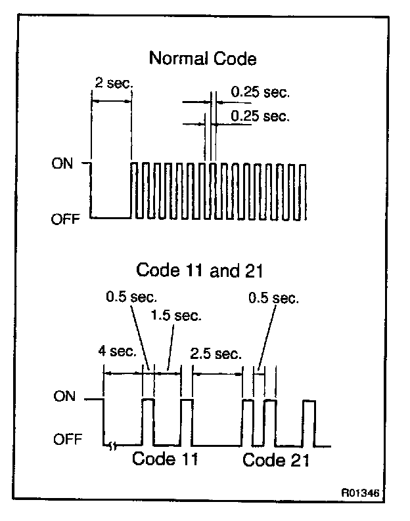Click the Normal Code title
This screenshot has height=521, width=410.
coord(202,58)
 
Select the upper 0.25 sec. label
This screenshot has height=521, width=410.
coord(260,93)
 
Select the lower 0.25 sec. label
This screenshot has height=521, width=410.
coord(260,116)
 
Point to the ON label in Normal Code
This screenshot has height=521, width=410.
coord(62,163)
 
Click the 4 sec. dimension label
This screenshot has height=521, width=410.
coord(116,350)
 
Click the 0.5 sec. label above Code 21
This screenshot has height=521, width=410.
coord(273,299)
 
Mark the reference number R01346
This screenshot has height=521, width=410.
coord(359,491)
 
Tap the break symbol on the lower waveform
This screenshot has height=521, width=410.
coord(113,447)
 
